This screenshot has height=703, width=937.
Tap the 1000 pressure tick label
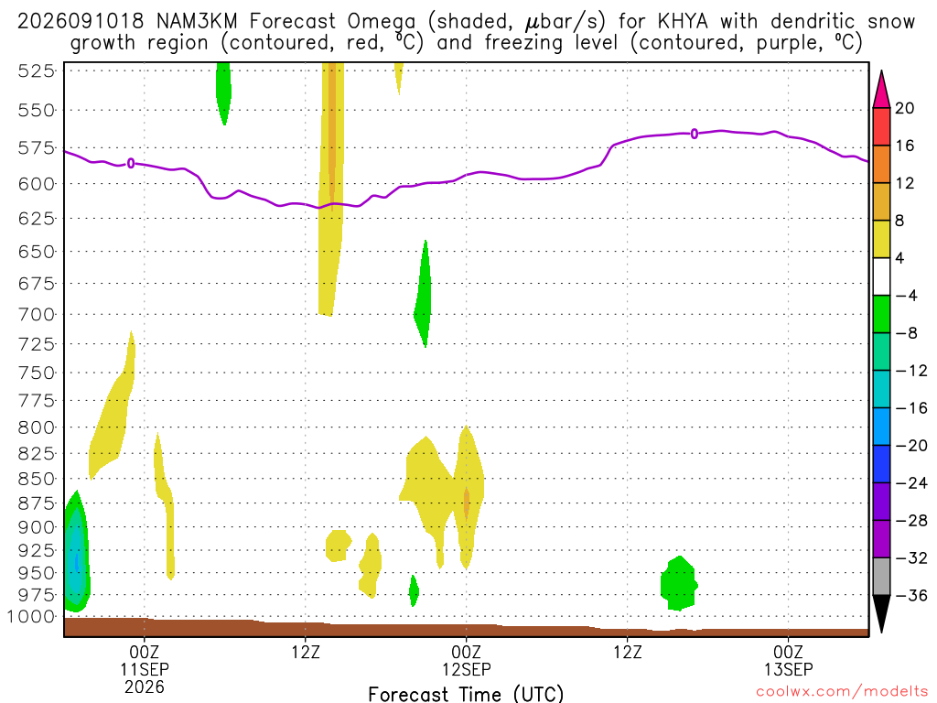(30, 617)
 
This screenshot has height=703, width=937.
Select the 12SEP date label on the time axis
(466, 669)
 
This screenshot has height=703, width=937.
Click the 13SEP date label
(788, 669)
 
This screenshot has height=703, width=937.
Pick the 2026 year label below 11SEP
(144, 687)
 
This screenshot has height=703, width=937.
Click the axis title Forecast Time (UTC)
(466, 694)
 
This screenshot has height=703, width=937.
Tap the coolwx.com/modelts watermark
(842, 692)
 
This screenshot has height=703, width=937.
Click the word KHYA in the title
(683, 22)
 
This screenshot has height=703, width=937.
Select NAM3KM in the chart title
(197, 22)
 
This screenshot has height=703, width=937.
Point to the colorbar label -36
(910, 595)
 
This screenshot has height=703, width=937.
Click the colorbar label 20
(904, 108)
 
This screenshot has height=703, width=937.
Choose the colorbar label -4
(906, 296)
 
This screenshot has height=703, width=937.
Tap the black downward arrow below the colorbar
(881, 613)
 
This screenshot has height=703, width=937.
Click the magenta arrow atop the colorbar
(881, 90)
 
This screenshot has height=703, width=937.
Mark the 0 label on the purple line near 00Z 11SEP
(131, 163)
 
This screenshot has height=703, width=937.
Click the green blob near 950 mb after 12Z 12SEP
(678, 583)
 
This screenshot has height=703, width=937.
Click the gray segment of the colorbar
(881, 577)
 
